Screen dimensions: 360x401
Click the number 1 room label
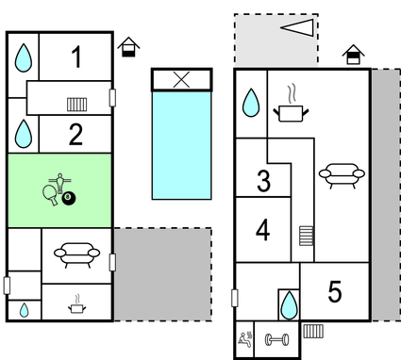click(76, 58)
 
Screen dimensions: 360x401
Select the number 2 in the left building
click(76, 135)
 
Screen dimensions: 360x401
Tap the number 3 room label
click(264, 181)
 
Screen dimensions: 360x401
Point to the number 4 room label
click(263, 230)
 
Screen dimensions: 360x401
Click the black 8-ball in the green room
click(69, 199)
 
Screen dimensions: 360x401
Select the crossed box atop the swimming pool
click(181, 80)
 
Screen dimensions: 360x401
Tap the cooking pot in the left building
click(75, 303)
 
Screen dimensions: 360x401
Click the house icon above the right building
click(353, 55)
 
